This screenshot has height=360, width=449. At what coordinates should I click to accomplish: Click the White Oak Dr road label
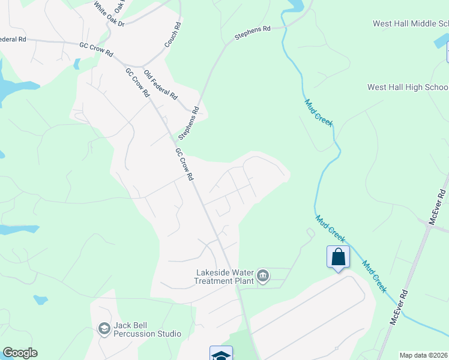pyautogui.click(x=109, y=14)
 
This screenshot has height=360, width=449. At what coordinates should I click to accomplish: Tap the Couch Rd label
pyautogui.click(x=173, y=35)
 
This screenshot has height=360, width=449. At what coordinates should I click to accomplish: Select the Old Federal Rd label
pyautogui.click(x=161, y=83)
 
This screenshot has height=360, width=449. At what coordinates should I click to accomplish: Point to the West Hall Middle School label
pyautogui.click(x=411, y=24)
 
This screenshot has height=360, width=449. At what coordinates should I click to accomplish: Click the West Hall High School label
pyautogui.click(x=408, y=88)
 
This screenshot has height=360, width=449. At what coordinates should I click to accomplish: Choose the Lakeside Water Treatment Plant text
pyautogui.click(x=224, y=276)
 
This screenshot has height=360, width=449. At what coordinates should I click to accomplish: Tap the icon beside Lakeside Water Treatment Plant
pyautogui.click(x=263, y=276)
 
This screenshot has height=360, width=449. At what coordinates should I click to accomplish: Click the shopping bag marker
pyautogui.click(x=338, y=257)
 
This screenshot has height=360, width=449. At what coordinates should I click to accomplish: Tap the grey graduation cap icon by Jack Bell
pyautogui.click(x=104, y=328)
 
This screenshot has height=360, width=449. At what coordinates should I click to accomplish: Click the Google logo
pyautogui.click(x=20, y=353)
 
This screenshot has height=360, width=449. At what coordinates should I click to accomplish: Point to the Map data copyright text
pyautogui.click(x=424, y=355)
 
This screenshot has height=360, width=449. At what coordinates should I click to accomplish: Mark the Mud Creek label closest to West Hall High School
pyautogui.click(x=318, y=112)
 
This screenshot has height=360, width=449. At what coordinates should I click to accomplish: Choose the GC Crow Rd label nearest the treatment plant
pyautogui.click(x=184, y=164)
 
